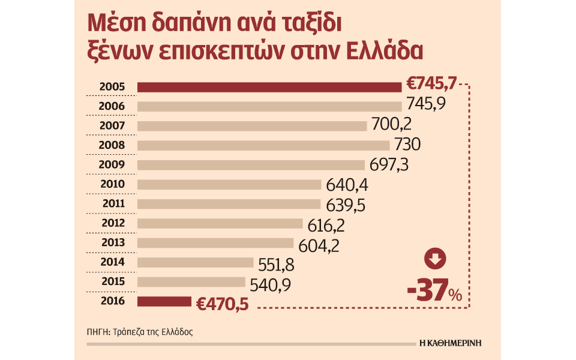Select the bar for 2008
click(263, 145)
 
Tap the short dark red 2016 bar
click(164, 301)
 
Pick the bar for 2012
click(220, 223)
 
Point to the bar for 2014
click(196, 262)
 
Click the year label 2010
click(113, 184)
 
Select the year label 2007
click(113, 126)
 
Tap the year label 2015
click(113, 281)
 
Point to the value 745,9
click(425, 106)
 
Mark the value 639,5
click(346, 204)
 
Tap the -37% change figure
click(435, 292)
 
